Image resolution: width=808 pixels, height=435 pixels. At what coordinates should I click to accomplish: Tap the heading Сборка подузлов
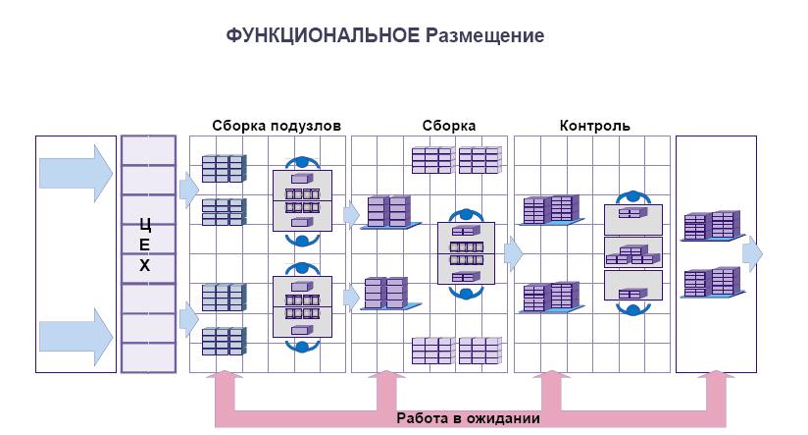coord(277,126)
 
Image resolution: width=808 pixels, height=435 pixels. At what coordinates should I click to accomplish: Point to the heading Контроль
coord(594,126)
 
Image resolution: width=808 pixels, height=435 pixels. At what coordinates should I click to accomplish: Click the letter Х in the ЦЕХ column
coord(145,266)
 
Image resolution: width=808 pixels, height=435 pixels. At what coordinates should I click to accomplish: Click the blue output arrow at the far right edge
coord(752,252)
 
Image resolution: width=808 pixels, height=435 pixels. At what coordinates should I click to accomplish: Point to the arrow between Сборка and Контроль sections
coord(513,252)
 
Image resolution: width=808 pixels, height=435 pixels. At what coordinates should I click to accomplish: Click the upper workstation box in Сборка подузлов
coord(302,200)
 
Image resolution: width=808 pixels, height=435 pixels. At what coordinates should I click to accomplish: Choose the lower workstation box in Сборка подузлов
coord(302,305)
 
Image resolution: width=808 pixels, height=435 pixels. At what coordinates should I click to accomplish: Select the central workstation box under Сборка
coord(466,252)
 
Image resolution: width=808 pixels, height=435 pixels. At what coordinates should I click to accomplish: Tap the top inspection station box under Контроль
coord(633,218)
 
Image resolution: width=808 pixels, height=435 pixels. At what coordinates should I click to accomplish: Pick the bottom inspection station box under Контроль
coord(633,286)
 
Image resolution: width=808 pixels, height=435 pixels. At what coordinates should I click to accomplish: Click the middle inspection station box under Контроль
coord(633,252)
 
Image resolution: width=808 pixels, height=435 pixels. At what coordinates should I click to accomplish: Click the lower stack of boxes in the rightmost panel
coord(710,283)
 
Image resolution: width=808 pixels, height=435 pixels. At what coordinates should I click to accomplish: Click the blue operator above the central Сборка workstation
coord(465,215)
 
